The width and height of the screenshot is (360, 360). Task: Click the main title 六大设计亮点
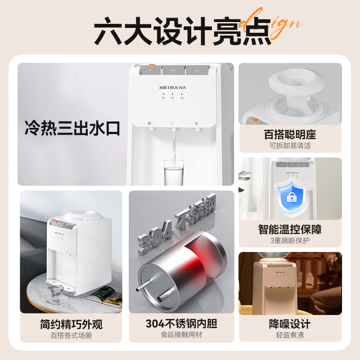point(180,31)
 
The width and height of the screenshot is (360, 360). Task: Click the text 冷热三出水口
point(72,128)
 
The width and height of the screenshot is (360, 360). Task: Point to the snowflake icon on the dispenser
point(196,124)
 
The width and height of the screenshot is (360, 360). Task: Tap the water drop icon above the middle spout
point(173,124)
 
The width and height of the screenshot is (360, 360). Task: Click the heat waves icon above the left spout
point(149,124)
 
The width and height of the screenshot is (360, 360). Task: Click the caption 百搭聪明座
point(290,135)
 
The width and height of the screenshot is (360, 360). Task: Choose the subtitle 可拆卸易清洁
point(290,145)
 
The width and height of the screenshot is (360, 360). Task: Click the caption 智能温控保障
point(290,229)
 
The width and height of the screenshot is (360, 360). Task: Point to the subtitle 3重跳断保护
point(290,240)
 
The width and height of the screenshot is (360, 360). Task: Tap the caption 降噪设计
point(290,324)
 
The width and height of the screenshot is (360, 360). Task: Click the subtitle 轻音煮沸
point(290,335)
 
